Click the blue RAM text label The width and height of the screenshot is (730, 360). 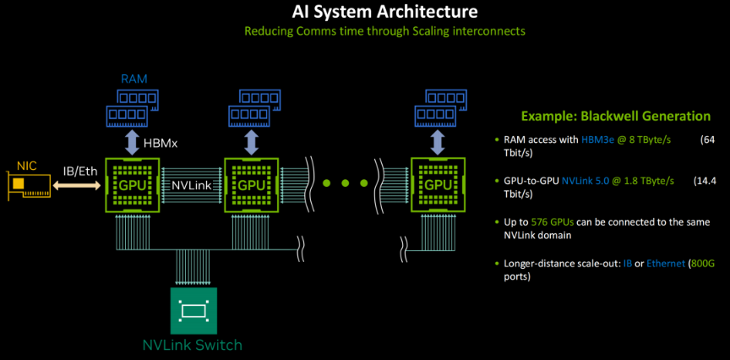[x=133, y=79]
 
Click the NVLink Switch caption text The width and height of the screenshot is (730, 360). [x=192, y=345]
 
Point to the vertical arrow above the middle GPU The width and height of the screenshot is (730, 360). [x=251, y=138]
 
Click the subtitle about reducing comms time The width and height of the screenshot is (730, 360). [x=384, y=31]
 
